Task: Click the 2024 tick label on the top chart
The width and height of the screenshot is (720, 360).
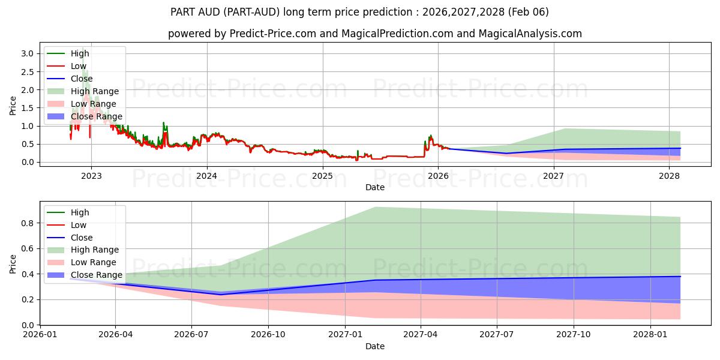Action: point(207,176)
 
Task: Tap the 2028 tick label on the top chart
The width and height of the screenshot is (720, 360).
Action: point(669,176)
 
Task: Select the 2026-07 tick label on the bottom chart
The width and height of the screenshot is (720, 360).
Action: point(191,335)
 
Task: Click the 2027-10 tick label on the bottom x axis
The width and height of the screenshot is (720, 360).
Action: point(574,335)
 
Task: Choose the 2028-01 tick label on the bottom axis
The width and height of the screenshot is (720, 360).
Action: point(650,335)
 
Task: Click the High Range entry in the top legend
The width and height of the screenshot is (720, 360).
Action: point(94,91)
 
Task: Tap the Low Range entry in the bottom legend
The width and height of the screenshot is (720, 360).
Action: point(93,262)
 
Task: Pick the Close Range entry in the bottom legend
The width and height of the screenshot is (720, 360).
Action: point(96,275)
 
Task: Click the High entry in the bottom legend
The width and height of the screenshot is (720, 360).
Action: point(80,212)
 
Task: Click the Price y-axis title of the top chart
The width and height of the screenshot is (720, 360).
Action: point(13,105)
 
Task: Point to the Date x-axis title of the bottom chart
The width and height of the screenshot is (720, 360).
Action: point(375,346)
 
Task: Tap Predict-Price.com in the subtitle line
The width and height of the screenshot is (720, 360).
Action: point(273,34)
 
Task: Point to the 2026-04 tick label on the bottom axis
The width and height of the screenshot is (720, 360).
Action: point(116,335)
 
